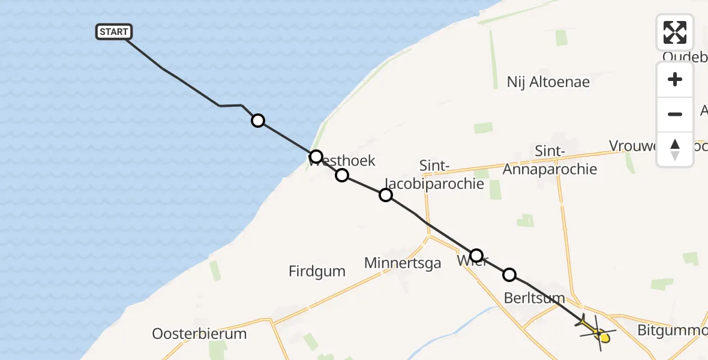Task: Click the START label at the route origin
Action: point(113,32)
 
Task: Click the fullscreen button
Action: point(674,32)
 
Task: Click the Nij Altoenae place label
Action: point(548,82)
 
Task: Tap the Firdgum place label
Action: point(317,271)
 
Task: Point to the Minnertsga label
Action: point(403,263)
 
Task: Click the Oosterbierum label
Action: point(199,334)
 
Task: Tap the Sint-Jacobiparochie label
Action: point(451,175)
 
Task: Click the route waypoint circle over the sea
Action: point(257,121)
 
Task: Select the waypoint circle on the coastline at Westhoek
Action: point(316,157)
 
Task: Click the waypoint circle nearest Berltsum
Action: point(509,275)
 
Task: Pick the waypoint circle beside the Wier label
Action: point(476,255)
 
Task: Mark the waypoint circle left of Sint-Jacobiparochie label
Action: point(386,194)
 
